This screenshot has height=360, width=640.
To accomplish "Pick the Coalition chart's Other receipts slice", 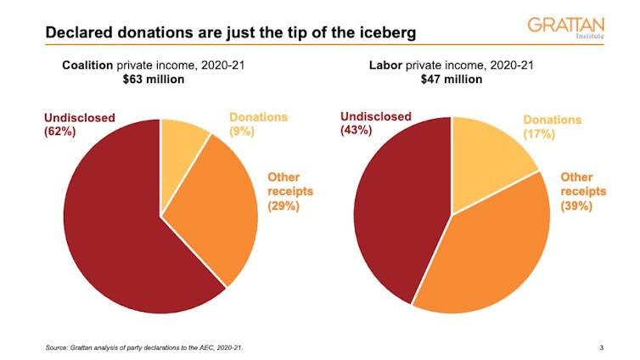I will coord(216,212).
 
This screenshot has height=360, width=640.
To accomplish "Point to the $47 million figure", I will coord(452,80).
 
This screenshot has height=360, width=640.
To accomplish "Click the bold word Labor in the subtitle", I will coord(386,65).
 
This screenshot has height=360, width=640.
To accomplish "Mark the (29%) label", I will coord(284,206).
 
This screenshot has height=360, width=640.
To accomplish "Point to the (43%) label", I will coord(358,132).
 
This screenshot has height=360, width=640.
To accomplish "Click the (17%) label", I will coord(539,134).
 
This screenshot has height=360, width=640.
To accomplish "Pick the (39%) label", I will coord(577,206).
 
